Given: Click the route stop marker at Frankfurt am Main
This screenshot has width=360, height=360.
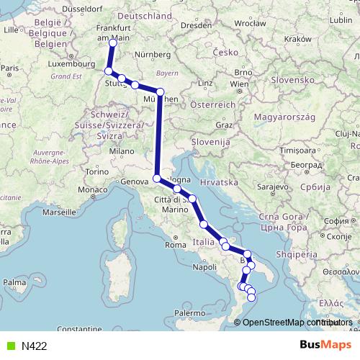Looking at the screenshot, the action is (112, 42).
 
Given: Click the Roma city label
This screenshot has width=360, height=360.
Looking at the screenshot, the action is (176, 245).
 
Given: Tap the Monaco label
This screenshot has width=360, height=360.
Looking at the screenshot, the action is (93, 189).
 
